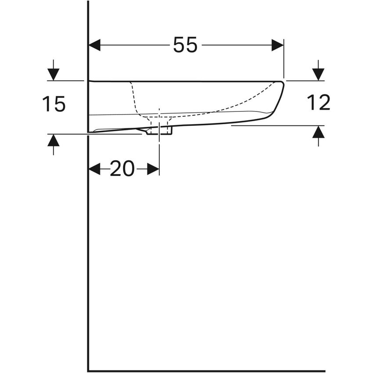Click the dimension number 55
185,45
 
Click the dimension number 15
54,104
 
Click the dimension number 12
318,103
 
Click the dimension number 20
122,169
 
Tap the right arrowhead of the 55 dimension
277,45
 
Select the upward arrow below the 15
53,141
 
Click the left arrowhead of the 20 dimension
94,169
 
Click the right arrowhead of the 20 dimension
153,169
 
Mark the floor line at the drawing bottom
206,371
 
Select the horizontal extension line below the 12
276,126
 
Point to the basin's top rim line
184,81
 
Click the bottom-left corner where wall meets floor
88,371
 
